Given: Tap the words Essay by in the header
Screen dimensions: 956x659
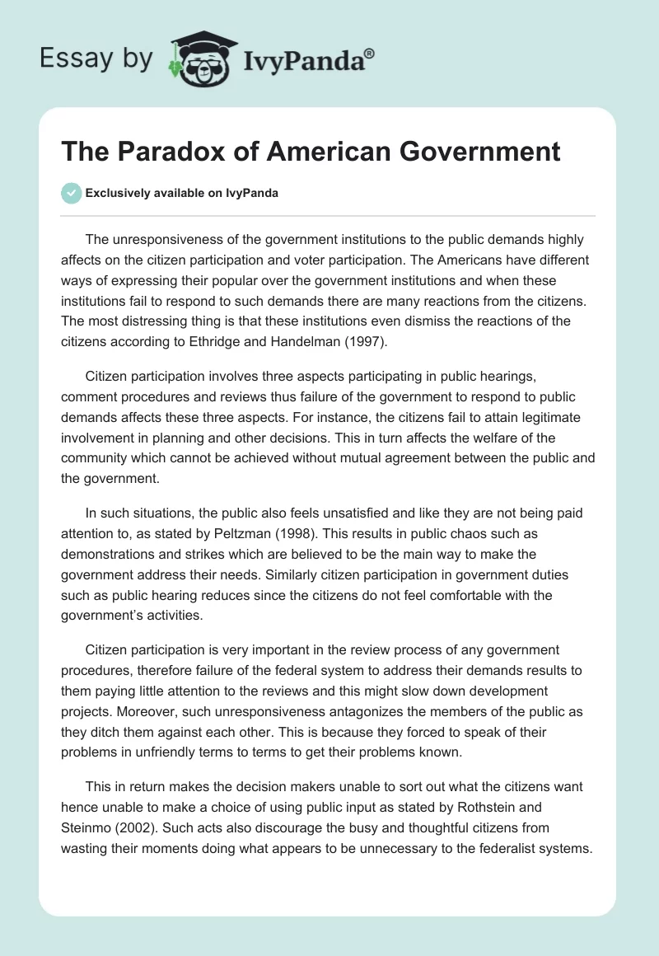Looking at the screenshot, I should [x=96, y=59].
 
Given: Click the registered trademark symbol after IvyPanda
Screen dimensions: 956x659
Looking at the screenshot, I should [x=370, y=54].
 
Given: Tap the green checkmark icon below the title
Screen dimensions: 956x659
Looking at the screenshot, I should [x=72, y=193].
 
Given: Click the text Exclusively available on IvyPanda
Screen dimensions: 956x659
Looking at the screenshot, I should [x=181, y=194].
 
